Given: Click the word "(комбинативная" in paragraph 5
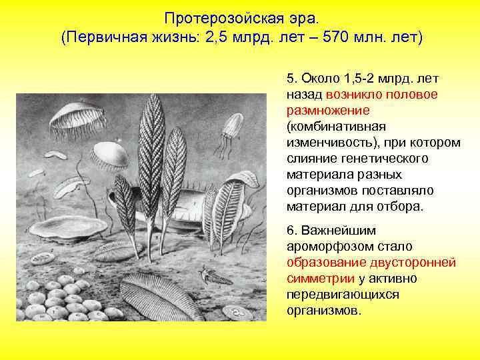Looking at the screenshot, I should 337,126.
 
